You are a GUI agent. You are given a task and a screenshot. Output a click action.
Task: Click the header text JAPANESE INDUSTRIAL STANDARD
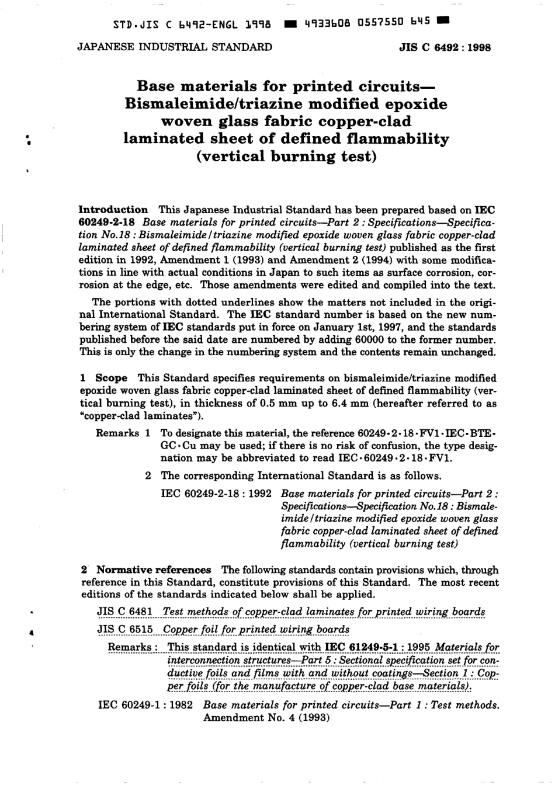175,47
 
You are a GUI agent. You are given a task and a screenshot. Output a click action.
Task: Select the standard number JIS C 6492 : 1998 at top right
445,48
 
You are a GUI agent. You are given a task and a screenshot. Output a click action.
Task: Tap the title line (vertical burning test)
286,157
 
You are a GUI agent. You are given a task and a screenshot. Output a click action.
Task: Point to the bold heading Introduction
113,210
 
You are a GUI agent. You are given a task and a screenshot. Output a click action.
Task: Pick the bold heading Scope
111,378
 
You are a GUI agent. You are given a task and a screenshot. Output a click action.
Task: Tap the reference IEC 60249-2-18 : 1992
216,493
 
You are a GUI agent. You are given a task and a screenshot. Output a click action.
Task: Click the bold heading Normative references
154,569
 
